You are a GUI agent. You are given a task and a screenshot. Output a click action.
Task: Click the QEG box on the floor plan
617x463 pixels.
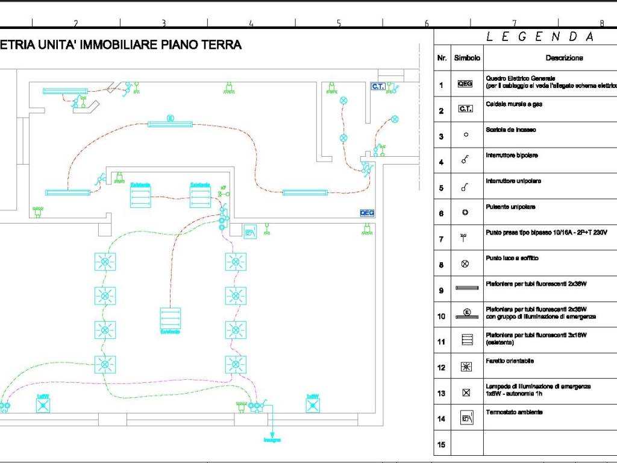367,213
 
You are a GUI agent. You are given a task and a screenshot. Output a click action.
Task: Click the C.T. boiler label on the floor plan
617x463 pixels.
378,87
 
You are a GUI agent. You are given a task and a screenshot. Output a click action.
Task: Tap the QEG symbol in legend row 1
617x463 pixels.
465,84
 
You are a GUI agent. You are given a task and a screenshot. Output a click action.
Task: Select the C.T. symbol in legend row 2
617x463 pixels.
465,109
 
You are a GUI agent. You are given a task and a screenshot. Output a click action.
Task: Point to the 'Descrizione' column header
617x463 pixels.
564,58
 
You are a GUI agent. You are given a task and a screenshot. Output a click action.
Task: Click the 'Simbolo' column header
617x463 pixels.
467,58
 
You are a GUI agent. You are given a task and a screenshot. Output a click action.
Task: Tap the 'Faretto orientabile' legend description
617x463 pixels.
510,361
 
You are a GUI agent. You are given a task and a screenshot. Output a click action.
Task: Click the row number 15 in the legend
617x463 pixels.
441,445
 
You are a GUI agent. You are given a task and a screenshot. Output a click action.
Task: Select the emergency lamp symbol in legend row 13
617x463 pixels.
466,392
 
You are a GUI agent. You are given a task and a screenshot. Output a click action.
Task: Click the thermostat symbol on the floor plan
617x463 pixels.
250,230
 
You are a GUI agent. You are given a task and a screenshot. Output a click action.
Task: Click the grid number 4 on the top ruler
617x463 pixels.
251,24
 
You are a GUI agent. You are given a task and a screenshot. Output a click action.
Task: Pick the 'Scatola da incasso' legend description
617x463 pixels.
510,130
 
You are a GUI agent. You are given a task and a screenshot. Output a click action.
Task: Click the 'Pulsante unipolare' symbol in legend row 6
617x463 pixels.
465,213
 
